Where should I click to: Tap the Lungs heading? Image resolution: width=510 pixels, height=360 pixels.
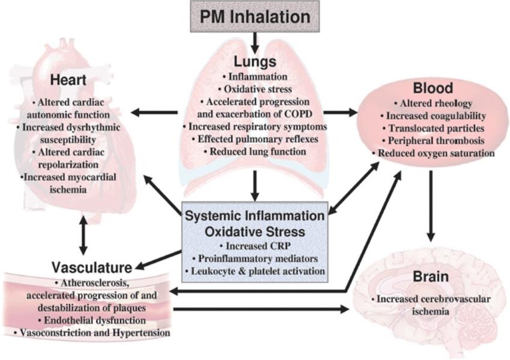click(x=255, y=62)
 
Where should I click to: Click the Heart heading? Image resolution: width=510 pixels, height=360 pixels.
click(x=71, y=80)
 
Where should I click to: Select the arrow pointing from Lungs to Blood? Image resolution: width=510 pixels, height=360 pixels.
click(x=339, y=112)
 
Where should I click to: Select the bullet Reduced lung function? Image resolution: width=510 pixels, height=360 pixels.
click(x=255, y=152)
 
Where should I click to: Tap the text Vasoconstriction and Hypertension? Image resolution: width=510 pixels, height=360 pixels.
click(x=91, y=332)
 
